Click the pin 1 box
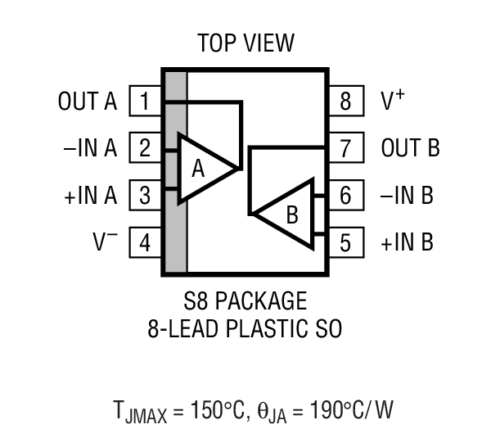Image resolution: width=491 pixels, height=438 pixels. pos(145,102)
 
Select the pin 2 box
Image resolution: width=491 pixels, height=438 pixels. pos(145,149)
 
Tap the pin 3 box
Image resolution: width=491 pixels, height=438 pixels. pos(145,196)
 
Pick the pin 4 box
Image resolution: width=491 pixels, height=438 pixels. pos(145,243)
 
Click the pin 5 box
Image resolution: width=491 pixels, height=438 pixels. pos(345,243)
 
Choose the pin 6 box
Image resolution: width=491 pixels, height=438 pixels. pos(345,196)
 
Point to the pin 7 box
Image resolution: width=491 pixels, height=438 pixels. pos(345,149)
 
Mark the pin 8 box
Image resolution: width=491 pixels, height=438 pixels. pos(345,102)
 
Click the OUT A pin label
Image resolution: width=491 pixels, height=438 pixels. pos(88,102)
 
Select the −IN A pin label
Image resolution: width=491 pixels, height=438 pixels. pos(89,149)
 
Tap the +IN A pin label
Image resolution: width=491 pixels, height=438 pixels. pos(89,196)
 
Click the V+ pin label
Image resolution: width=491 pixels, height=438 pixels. pos(394,101)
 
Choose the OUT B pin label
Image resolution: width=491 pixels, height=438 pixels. pos(410,149)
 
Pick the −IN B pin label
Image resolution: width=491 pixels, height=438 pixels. pos(407,196)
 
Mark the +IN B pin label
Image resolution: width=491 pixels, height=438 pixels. pos(407,243)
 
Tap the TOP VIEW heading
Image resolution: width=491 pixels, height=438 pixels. pos(245,43)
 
